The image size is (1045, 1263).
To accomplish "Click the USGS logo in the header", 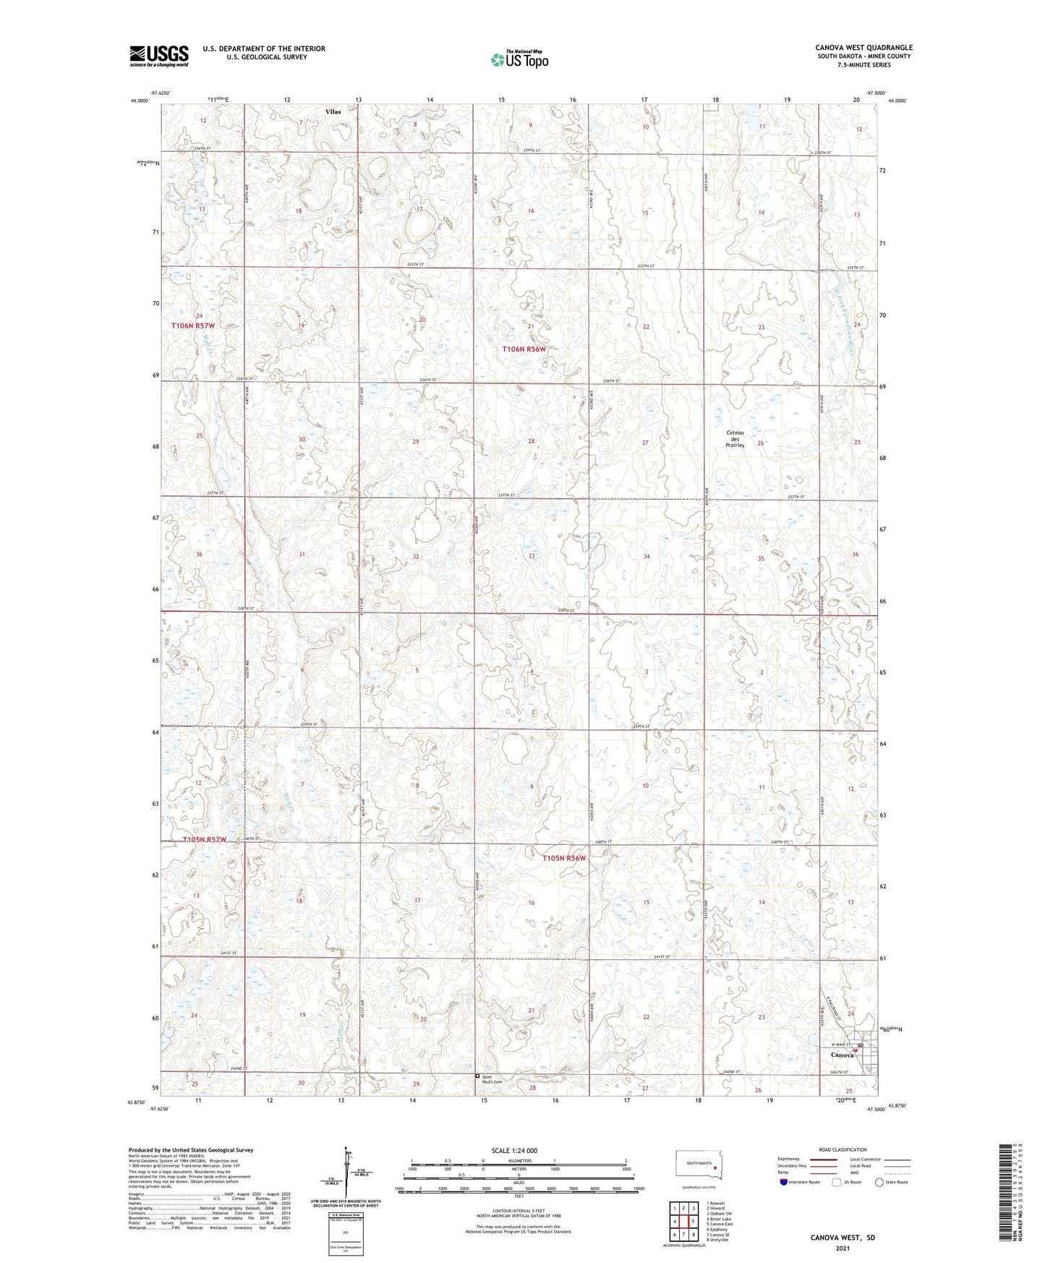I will (159, 56).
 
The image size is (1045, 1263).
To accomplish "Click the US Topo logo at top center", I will (519, 59).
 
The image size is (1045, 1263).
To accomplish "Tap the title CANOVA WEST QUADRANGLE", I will (863, 48).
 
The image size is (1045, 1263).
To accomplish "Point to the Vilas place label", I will (333, 112).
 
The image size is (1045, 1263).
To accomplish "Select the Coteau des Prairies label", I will (735, 439).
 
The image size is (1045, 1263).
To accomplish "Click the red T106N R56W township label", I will (524, 349).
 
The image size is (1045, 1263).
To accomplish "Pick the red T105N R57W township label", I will (205, 840).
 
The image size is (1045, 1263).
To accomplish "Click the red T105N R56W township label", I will (564, 858).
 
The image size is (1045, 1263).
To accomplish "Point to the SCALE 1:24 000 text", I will (514, 1150).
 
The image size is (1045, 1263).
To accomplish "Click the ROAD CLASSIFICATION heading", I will (843, 1149).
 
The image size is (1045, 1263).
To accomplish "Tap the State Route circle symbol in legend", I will (879, 1182).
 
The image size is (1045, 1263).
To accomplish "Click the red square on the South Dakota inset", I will (715, 1167).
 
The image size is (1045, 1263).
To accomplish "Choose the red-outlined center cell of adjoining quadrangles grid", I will (683, 1221).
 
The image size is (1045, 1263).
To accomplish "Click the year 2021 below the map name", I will (842, 1248).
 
